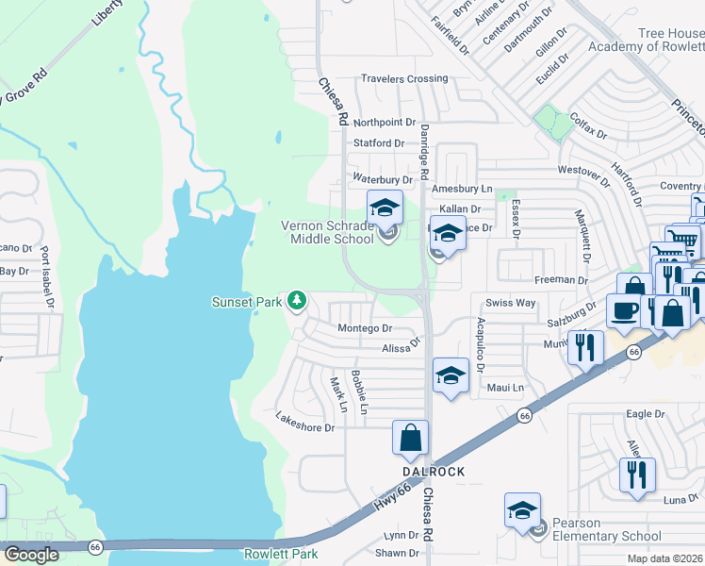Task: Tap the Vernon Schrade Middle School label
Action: (329, 232)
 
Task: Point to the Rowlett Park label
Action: (281, 554)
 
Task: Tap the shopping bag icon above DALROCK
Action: (411, 438)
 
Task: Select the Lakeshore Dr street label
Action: (304, 421)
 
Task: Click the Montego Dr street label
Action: (365, 328)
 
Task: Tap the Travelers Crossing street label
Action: (401, 78)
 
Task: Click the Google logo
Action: (31, 554)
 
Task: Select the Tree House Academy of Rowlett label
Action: (646, 40)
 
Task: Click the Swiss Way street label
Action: (510, 303)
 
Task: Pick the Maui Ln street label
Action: (504, 388)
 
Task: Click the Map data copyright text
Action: (664, 558)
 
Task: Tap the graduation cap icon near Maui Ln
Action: (451, 375)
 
